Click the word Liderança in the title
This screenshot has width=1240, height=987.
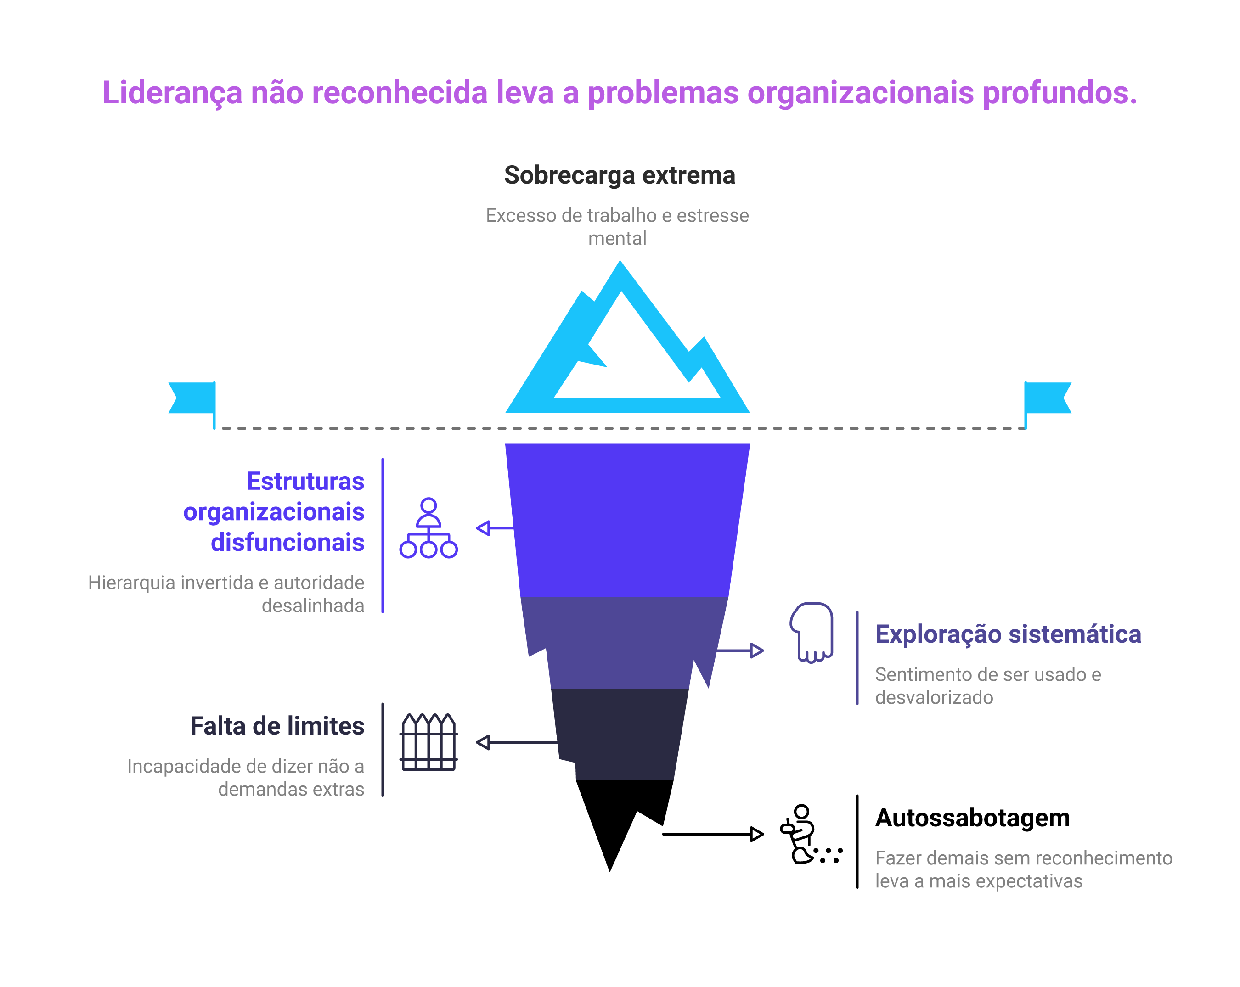(172, 93)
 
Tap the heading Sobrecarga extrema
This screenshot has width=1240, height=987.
(620, 175)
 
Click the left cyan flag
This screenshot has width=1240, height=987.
(192, 398)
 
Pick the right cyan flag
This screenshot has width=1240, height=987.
(1047, 398)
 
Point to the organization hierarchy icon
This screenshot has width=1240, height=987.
(428, 528)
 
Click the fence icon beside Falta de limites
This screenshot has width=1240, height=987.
(428, 742)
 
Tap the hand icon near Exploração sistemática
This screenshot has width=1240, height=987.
(812, 632)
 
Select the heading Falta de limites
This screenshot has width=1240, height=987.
(277, 726)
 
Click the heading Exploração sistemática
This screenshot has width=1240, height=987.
(1008, 634)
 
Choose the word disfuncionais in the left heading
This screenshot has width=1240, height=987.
(287, 542)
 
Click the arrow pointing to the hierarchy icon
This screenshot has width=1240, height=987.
(493, 528)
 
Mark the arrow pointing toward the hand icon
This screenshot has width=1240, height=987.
(742, 651)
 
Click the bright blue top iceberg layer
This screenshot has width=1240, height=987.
(627, 517)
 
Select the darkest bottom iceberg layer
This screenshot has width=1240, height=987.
(624, 736)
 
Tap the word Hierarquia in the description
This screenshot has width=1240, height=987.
(131, 583)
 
